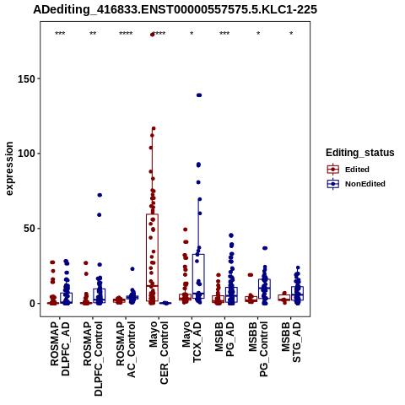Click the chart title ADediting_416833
click(x=175, y=9)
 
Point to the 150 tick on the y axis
click(x=26, y=79)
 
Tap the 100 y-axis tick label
click(x=26, y=154)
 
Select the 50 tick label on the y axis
click(x=30, y=229)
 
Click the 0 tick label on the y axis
click(x=32, y=304)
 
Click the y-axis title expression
click(x=9, y=169)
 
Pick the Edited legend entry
click(x=348, y=170)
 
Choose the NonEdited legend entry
click(x=356, y=184)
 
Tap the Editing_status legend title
click(x=360, y=153)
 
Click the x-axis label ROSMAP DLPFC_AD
click(x=60, y=348)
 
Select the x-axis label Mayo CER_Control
click(x=159, y=353)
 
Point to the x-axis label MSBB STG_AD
click(x=291, y=342)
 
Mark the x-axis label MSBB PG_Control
click(x=258, y=349)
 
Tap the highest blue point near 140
click(x=199, y=95)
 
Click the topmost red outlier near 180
click(x=153, y=35)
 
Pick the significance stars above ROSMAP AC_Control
click(x=126, y=34)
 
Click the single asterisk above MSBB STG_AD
click(x=291, y=34)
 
